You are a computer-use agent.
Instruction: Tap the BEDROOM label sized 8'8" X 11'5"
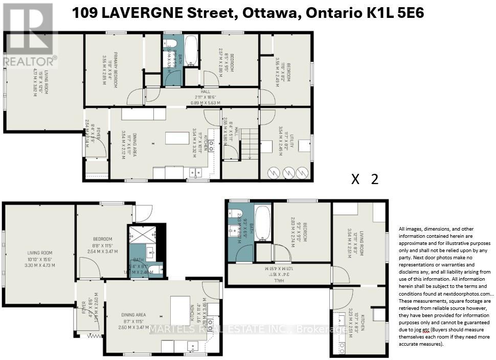tap(102, 239)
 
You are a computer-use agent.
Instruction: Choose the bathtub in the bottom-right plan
tap(262, 223)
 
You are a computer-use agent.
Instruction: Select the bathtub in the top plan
tap(191, 51)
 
